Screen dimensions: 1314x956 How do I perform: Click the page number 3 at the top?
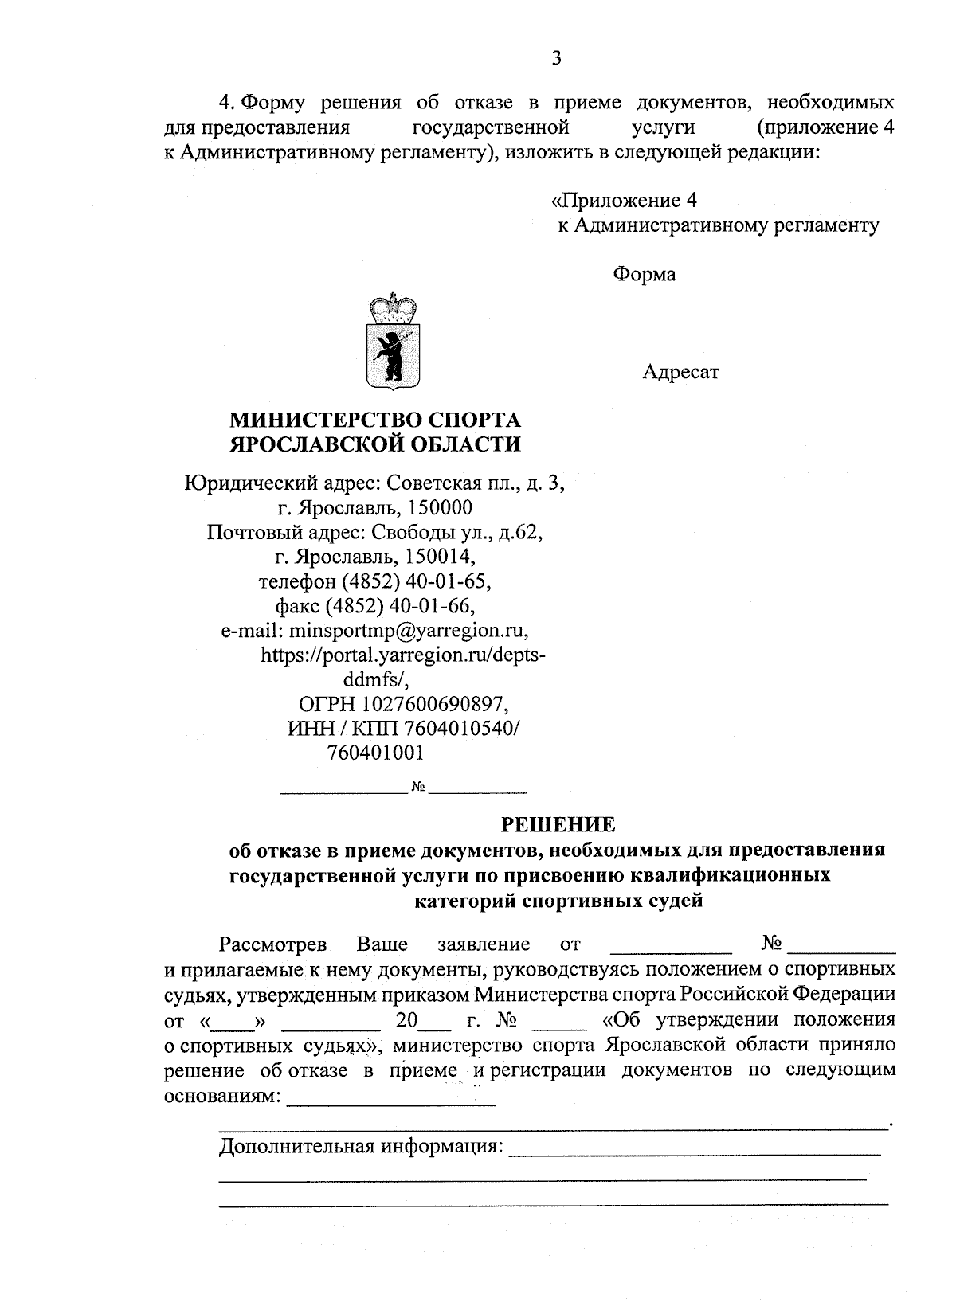(x=557, y=58)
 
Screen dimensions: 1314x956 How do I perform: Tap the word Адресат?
(x=680, y=372)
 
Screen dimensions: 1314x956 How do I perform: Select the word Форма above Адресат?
(x=644, y=275)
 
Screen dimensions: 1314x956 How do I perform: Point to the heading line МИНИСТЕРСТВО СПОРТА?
(x=375, y=419)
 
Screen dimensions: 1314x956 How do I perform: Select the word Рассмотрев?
(x=273, y=944)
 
